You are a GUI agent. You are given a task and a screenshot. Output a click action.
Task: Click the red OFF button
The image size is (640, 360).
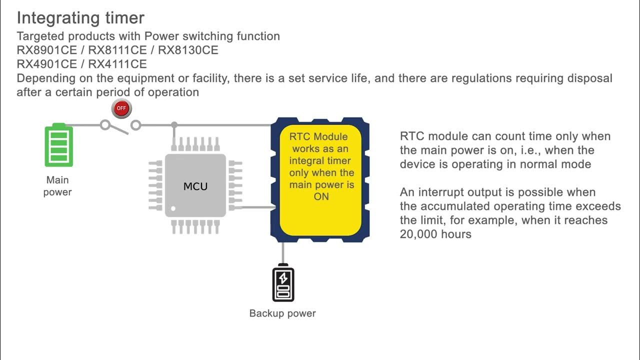[x=121, y=108]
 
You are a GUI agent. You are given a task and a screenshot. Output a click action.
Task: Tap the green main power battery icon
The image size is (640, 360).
[x=59, y=145]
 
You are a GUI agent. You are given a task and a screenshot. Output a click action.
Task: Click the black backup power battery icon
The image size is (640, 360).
[x=283, y=284]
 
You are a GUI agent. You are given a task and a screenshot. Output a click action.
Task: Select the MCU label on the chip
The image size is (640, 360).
[x=195, y=186]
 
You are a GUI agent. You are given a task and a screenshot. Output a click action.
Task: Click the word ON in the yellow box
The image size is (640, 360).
[x=321, y=196]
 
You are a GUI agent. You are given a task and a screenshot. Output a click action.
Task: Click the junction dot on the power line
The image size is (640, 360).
[x=174, y=124]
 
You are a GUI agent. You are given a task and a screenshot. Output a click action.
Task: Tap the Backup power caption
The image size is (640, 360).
[x=282, y=313]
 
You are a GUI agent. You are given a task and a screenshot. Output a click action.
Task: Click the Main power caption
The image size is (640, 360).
[x=57, y=186]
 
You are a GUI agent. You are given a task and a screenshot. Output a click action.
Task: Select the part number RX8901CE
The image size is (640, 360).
[x=46, y=50]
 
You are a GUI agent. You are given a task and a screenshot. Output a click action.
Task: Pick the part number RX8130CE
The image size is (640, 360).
[x=188, y=50]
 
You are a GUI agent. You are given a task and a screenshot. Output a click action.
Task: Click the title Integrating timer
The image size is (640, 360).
[x=80, y=18]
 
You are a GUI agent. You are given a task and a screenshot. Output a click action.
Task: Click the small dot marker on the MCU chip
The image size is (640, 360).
[x=173, y=208]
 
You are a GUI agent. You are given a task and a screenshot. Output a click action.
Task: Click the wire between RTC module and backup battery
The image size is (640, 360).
[x=283, y=252]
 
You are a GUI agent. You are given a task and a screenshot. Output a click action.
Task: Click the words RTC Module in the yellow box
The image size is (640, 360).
[x=318, y=136]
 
